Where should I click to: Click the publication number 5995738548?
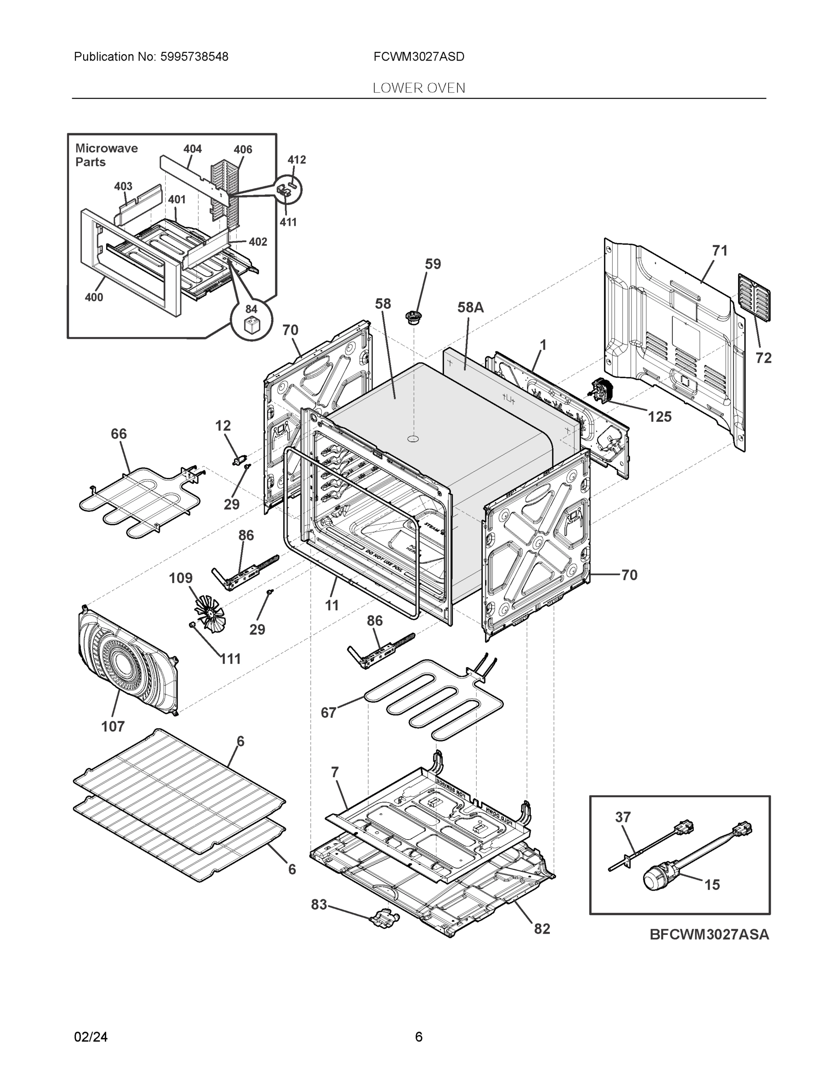pos(194,57)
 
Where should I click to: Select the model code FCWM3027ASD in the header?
pos(418,57)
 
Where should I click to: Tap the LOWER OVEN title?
pos(418,89)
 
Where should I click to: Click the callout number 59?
pos(432,264)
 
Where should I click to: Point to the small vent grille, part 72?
pos(754,297)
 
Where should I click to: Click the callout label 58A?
pos(470,308)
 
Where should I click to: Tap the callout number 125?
pos(659,417)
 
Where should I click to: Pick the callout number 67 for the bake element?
pos(328,713)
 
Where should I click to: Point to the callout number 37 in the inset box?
pos(623,817)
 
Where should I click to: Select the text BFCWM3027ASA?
pos(709,934)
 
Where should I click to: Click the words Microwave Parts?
pos(106,155)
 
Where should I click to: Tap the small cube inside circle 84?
pos(251,327)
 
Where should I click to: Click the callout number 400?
pos(94,297)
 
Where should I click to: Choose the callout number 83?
pos(319,905)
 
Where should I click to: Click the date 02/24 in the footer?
pos(91,1037)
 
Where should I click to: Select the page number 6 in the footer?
pos(418,1037)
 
